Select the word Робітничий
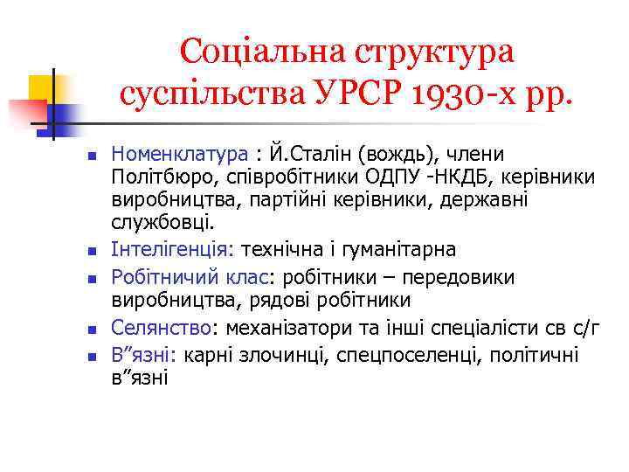click(160, 277)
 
